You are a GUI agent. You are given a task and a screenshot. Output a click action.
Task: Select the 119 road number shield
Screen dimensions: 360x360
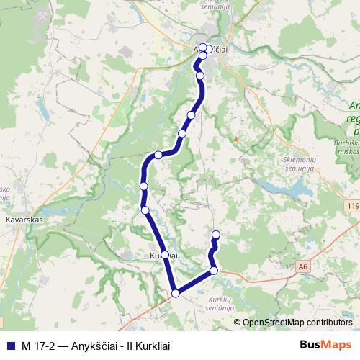coord(352,207)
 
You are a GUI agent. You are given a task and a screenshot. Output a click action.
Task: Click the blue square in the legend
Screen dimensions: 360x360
coord(9,346)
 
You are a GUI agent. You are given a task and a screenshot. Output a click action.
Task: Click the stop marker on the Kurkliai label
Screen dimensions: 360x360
coord(165,255)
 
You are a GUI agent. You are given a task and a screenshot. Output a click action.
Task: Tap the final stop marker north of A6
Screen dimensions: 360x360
coord(215,235)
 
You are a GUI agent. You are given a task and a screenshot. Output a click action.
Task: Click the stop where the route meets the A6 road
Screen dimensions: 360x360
coord(214,270)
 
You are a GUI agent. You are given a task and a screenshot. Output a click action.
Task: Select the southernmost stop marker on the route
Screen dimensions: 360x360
coord(175,292)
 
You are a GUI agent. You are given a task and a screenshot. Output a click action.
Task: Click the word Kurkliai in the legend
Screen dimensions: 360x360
coord(156,346)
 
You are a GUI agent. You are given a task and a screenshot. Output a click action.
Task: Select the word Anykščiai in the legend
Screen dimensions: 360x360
coord(96,346)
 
